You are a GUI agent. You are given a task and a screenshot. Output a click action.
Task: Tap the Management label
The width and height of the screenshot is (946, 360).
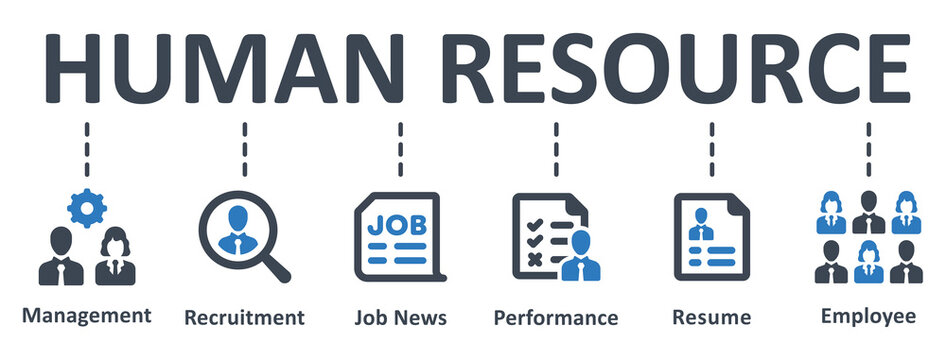87,315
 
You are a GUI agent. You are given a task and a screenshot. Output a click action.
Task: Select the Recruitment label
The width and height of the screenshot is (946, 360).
244,318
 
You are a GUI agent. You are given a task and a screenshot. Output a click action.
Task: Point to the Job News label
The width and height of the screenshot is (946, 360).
400,318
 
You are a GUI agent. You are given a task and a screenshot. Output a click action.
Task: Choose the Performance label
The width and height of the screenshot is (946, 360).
556,318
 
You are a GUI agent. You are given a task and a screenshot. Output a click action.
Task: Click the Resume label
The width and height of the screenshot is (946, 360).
712,318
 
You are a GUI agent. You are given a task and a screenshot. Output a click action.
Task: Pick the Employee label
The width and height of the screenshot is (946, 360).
868,316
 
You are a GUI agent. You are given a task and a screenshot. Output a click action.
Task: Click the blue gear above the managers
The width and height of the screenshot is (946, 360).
87,207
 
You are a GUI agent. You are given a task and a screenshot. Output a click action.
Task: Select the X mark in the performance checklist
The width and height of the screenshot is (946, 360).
534,260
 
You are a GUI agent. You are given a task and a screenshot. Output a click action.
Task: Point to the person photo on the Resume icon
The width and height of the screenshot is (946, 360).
698,222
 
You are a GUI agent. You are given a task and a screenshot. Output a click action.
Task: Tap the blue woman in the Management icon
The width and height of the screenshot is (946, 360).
113,258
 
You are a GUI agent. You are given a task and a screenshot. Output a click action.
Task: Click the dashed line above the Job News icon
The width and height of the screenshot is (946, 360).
400,148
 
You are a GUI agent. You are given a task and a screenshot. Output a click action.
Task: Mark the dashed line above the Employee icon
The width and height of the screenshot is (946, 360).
868,148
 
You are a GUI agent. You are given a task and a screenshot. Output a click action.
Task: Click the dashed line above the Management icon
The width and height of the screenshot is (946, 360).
87,148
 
